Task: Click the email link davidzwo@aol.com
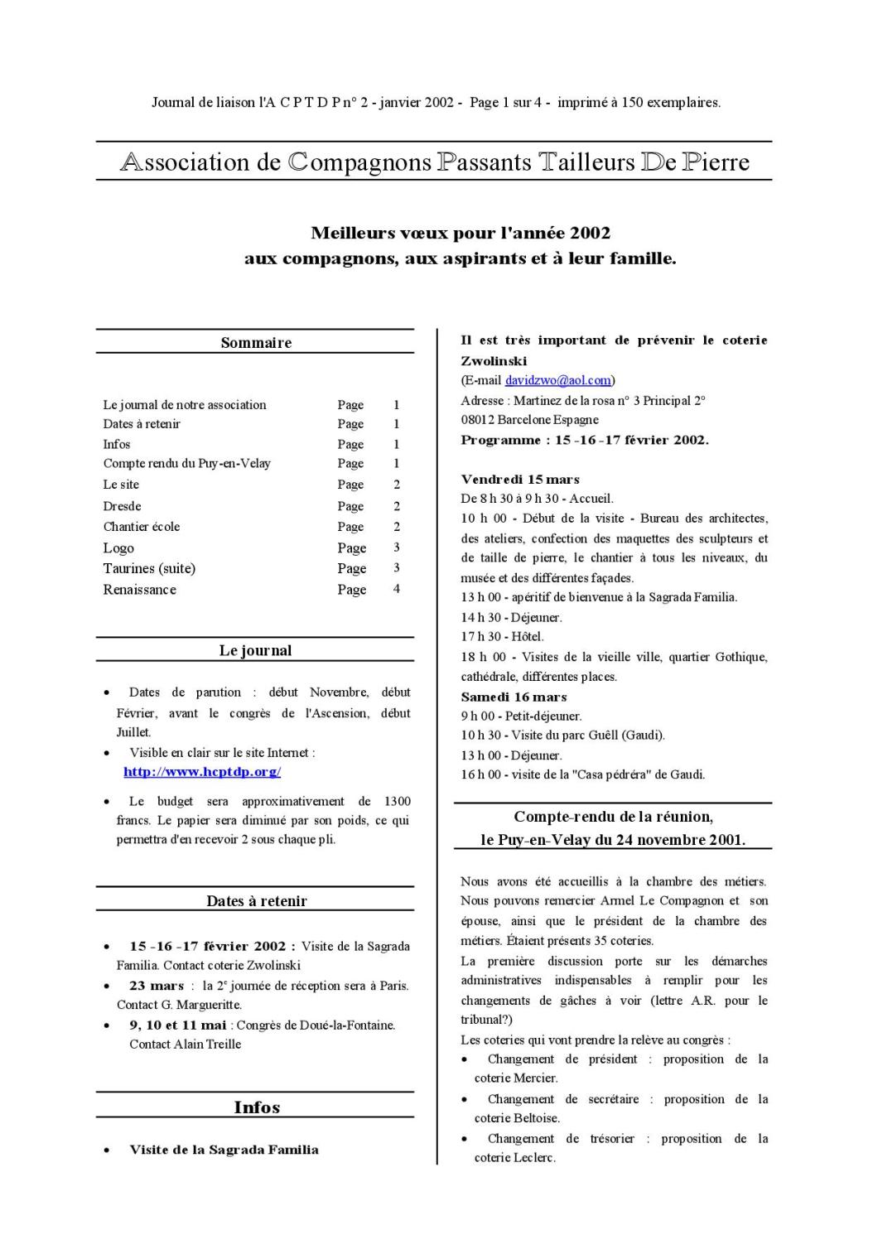click(557, 380)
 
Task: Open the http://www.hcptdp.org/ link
click(202, 772)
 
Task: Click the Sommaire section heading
click(256, 343)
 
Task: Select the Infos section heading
click(257, 1107)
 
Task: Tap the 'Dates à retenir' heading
click(257, 901)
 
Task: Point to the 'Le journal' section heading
click(255, 651)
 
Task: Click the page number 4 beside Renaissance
click(397, 589)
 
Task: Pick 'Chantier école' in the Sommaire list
click(142, 527)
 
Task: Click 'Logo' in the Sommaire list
click(118, 548)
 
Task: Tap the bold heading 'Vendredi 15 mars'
click(520, 480)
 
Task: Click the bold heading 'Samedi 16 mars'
click(514, 697)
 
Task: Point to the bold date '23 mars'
click(157, 986)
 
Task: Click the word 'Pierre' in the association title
click(716, 162)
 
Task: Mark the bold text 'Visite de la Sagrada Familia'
click(224, 1150)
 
